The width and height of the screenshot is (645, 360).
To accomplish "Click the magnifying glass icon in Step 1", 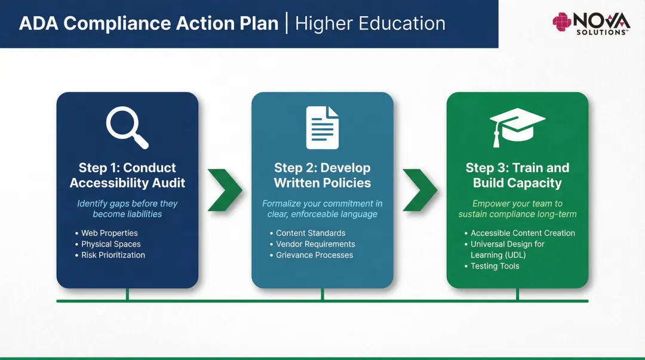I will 126,127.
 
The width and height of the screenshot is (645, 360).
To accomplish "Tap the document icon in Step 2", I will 322,127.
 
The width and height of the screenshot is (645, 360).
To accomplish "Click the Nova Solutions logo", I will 591,23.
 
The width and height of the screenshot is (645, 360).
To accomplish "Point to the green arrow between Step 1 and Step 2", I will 225,190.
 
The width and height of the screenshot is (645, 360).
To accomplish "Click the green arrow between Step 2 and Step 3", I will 420,190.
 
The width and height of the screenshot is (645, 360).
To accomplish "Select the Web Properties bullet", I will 109,233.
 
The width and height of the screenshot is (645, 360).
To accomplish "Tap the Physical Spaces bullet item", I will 111,244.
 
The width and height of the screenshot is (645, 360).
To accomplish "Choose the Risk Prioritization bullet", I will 113,255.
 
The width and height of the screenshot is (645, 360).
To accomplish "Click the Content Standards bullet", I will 311,233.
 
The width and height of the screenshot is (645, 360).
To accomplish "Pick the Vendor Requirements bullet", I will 315,244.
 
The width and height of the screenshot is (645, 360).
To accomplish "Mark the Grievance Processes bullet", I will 314,255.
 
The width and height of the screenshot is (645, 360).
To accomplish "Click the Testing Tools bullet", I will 494,266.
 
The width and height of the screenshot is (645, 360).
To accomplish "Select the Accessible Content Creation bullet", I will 523,233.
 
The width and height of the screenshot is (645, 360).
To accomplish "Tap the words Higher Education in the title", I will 370,23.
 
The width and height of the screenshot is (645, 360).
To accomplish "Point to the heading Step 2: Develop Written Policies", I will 322,176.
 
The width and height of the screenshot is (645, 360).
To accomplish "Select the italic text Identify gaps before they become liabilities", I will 127,208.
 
